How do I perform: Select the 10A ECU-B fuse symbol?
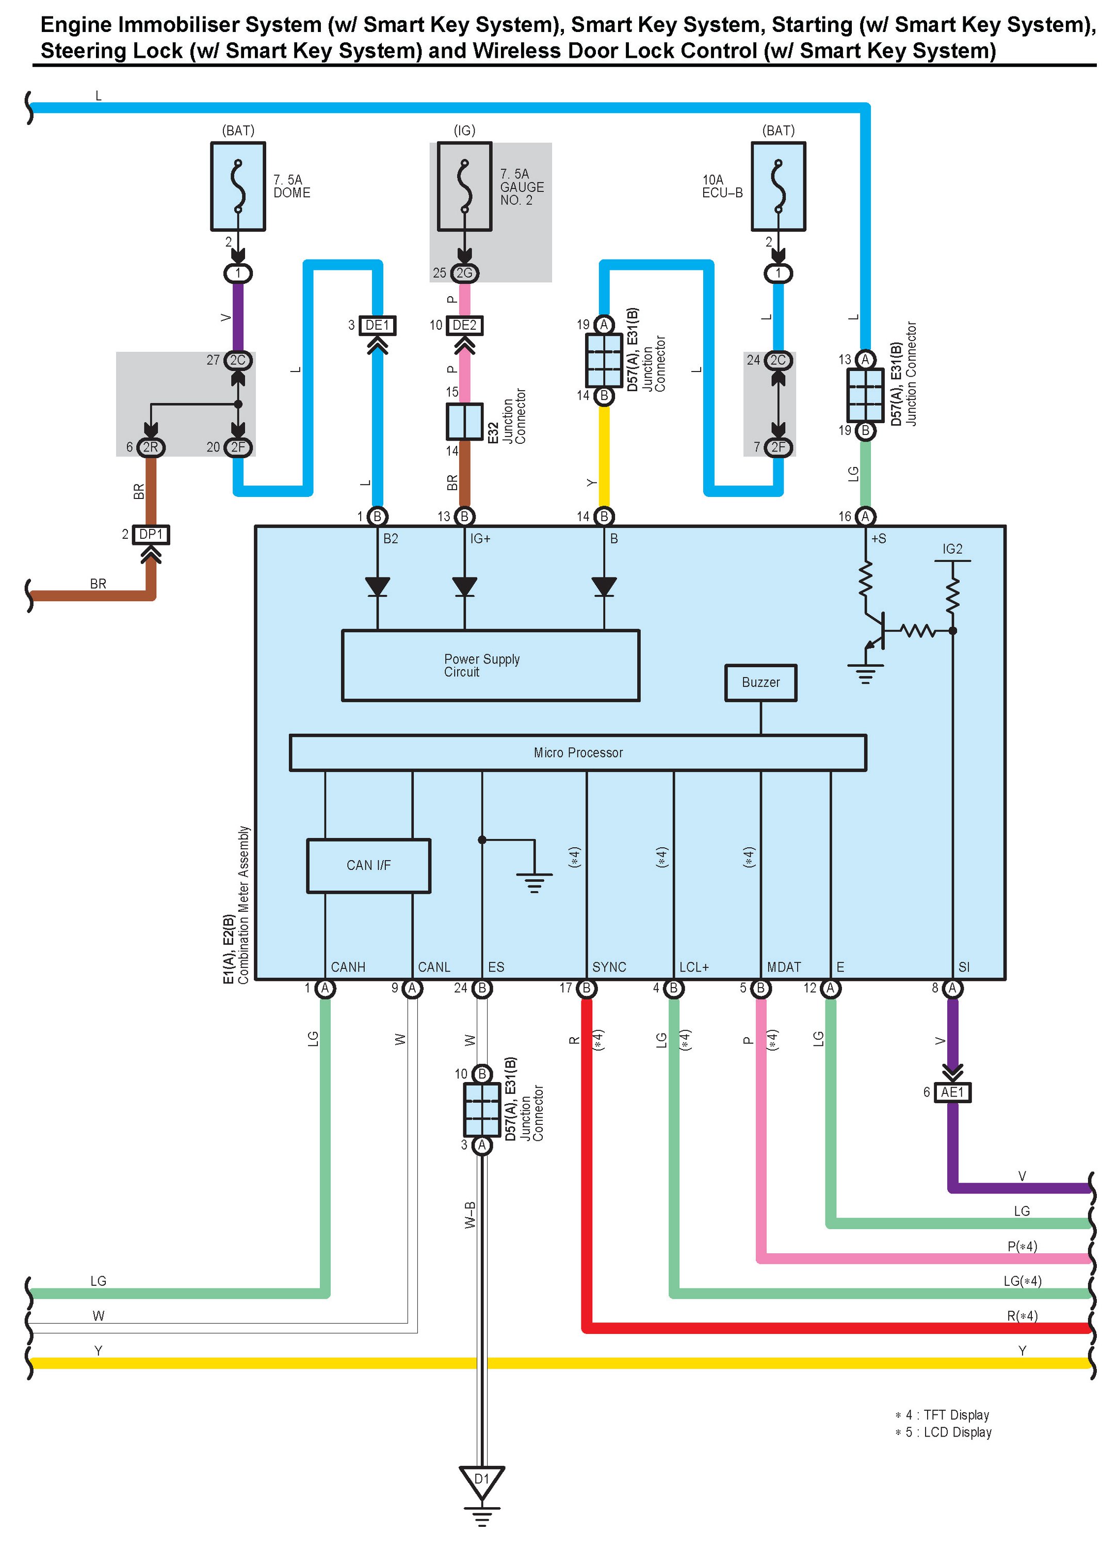click(x=777, y=186)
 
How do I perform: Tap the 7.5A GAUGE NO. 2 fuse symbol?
click(x=464, y=186)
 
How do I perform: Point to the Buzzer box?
click(x=760, y=682)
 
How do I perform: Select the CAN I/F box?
click(x=368, y=865)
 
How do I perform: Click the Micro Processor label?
click(x=578, y=752)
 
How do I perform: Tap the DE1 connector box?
click(x=378, y=325)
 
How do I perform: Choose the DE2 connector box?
click(x=465, y=325)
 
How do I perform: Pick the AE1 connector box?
click(x=952, y=1092)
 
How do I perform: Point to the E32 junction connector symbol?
click(x=464, y=421)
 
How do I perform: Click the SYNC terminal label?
click(x=609, y=966)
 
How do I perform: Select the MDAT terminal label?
click(x=784, y=966)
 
